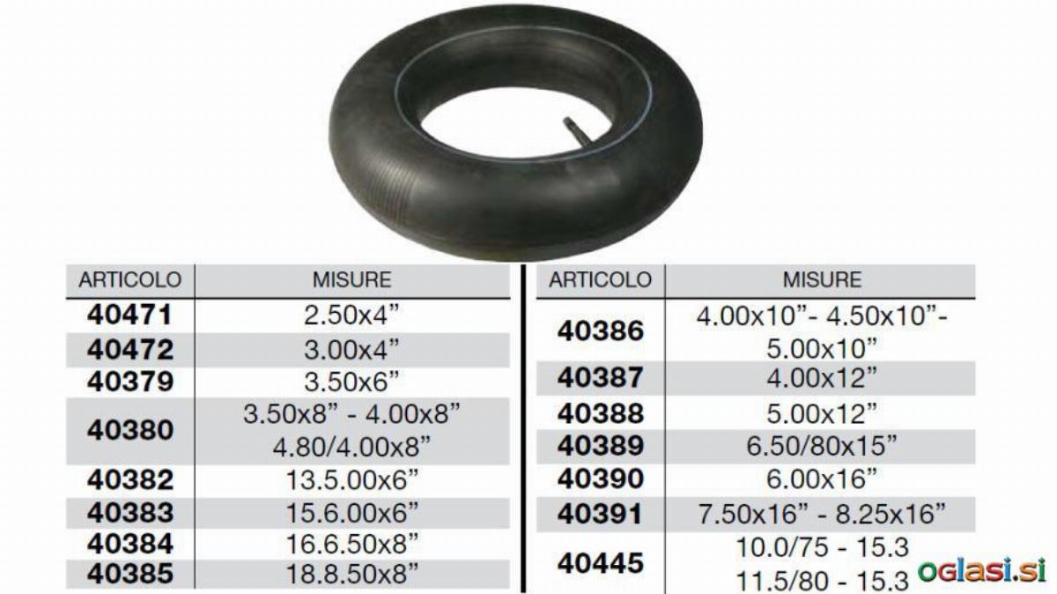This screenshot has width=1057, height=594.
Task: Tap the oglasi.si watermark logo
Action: pyautogui.click(x=982, y=570)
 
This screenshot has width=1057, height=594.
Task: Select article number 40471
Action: pyautogui.click(x=129, y=315)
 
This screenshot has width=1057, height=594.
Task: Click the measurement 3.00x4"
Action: pyautogui.click(x=352, y=350)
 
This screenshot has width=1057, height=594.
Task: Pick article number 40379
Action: pyautogui.click(x=130, y=382)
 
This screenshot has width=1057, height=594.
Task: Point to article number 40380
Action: pyautogui.click(x=130, y=431)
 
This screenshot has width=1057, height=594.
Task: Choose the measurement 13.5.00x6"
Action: pyautogui.click(x=352, y=480)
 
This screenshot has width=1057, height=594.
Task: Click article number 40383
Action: pyautogui.click(x=130, y=513)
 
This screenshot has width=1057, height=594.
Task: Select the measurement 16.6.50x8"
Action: pyautogui.click(x=352, y=544)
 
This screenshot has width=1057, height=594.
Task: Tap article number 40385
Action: pyautogui.click(x=130, y=574)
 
